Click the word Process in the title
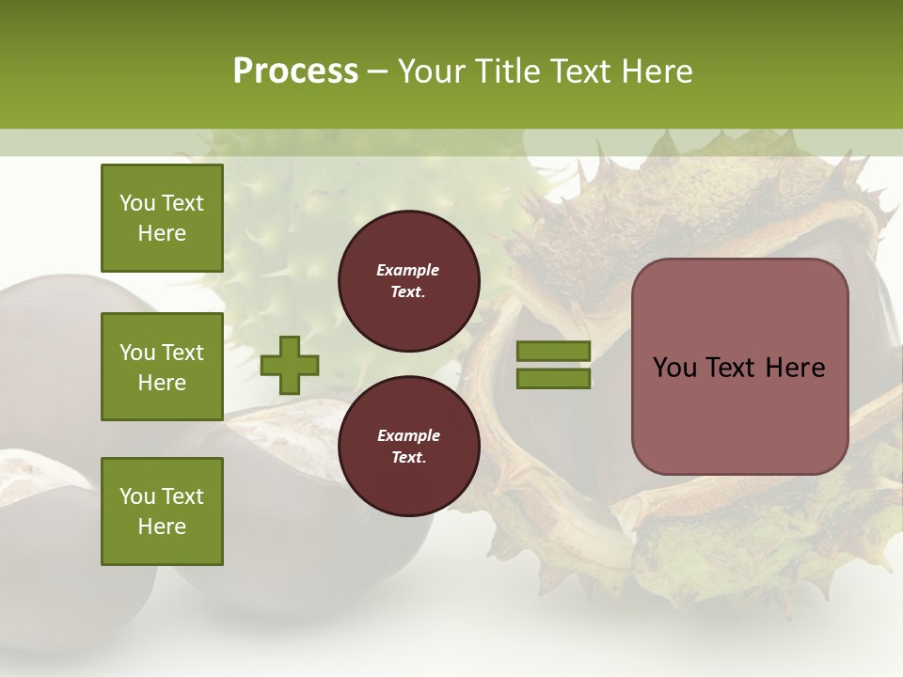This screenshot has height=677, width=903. [295, 71]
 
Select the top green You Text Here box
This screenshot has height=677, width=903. [162, 218]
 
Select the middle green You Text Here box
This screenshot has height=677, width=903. [162, 367]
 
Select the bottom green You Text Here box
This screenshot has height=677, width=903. [162, 512]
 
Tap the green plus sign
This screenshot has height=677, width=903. [290, 365]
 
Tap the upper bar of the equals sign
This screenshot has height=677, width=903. [554, 351]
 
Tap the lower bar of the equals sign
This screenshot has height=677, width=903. [554, 379]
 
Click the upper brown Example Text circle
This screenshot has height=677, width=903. [408, 281]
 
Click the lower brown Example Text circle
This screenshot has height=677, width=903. [408, 447]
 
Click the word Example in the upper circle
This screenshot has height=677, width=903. [408, 270]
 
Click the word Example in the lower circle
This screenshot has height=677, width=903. [408, 435]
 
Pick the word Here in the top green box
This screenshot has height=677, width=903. [162, 233]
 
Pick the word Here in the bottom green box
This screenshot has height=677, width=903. [162, 527]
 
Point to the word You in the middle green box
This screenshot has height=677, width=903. [136, 353]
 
